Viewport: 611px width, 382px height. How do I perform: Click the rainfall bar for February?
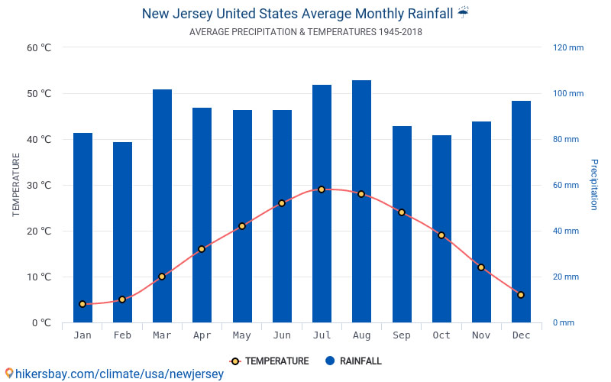(122, 232)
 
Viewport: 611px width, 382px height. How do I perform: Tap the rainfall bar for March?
(162, 206)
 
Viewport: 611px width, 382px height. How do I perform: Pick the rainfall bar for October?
(441, 228)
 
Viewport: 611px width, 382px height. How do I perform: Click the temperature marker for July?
(322, 189)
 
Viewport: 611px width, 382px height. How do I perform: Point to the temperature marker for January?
(82, 304)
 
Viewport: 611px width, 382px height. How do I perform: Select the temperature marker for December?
(521, 295)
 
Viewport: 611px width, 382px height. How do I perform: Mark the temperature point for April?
(202, 249)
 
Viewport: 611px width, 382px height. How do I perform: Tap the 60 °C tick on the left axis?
(39, 47)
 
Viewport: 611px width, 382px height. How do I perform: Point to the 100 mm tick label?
(567, 93)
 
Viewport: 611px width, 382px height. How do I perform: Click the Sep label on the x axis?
(402, 335)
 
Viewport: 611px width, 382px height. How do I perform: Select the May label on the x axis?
(242, 335)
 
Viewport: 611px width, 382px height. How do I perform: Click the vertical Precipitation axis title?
(593, 185)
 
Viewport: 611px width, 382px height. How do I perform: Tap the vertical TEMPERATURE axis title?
(16, 185)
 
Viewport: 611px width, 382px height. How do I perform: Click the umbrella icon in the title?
(464, 13)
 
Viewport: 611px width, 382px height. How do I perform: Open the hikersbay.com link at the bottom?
(115, 374)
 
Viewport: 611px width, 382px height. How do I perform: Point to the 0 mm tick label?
(563, 322)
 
